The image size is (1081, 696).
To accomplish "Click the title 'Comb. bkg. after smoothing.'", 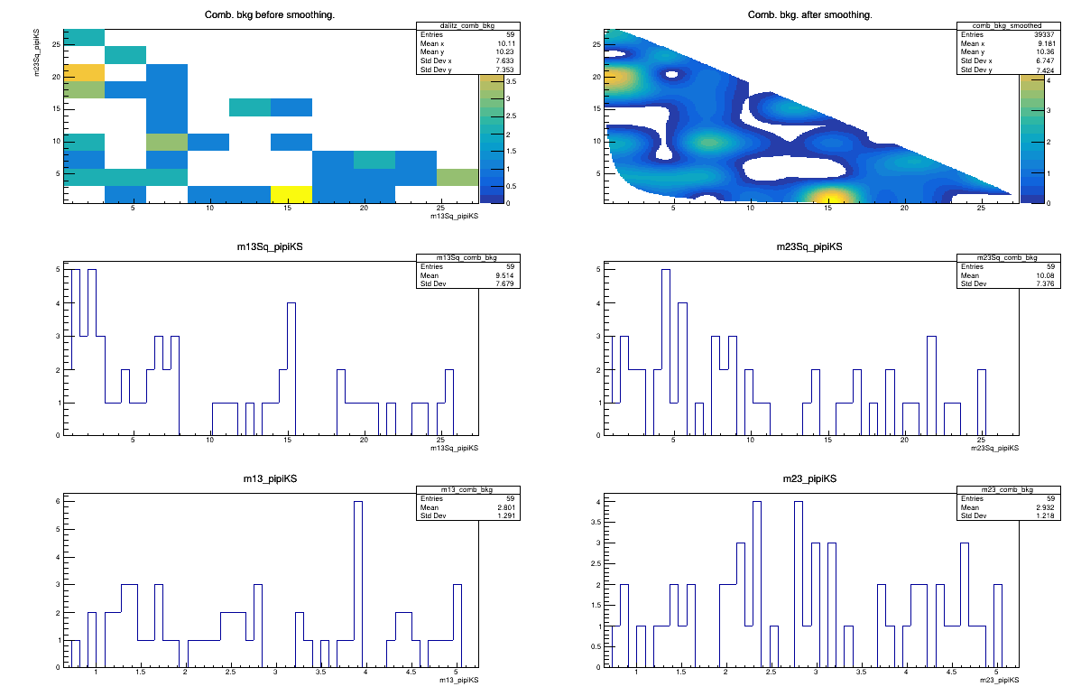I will click(810, 15).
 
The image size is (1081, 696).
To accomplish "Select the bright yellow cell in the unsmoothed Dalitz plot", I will click(291, 194).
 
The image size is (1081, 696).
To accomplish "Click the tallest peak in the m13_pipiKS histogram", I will click(358, 503).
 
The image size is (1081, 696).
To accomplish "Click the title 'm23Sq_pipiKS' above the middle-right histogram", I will click(810, 247).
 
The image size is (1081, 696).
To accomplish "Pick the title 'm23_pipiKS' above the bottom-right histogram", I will click(810, 478).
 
